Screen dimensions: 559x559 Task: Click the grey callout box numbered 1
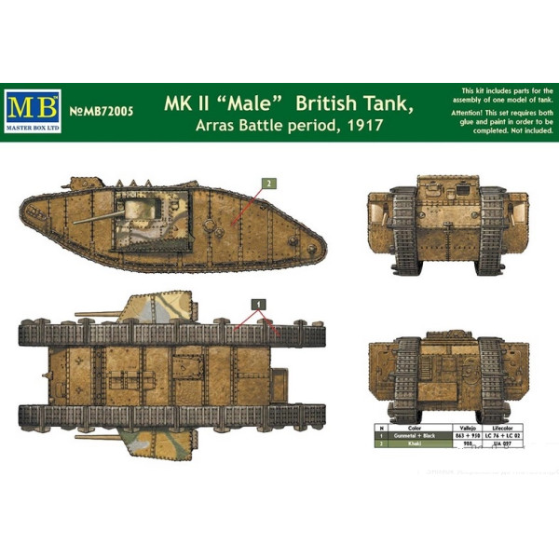[x=258, y=303]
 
